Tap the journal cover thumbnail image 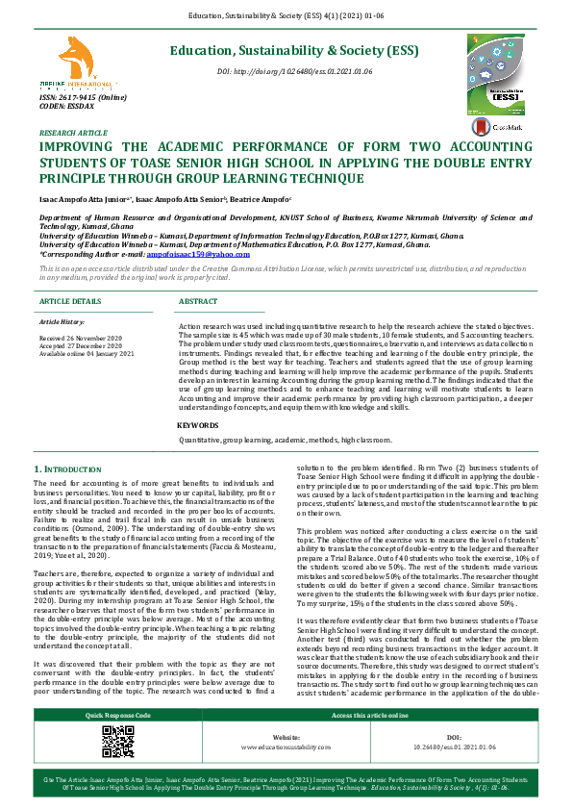coord(499,73)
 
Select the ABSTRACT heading coord(198,302)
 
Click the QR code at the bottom coord(118,765)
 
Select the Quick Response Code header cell coord(118,742)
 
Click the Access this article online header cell coord(369,742)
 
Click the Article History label coord(63,319)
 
